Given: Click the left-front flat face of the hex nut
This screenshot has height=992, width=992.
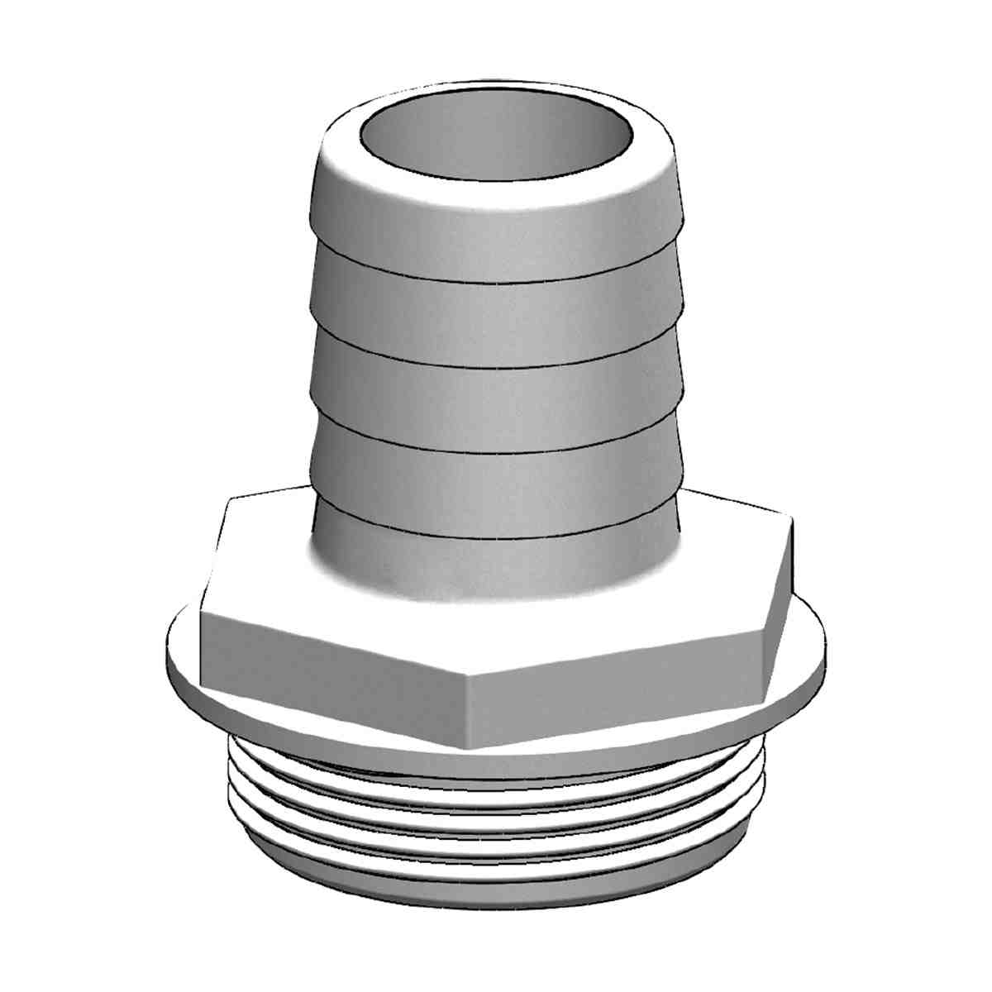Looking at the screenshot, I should [x=331, y=653].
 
